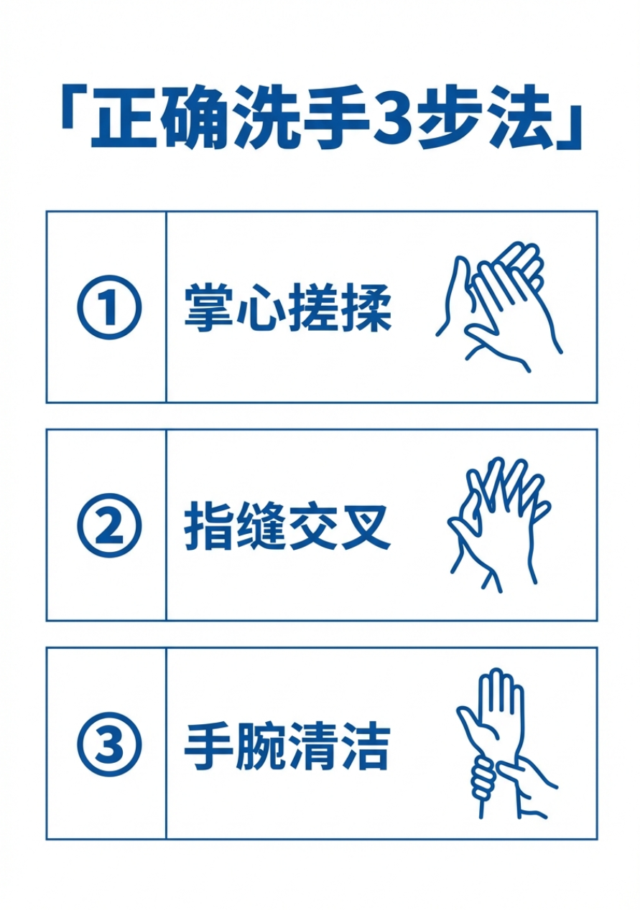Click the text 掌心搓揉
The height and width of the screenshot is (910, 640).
287,308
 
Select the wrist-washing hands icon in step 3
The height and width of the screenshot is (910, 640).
503,743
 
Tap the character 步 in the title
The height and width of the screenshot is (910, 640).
453,119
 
